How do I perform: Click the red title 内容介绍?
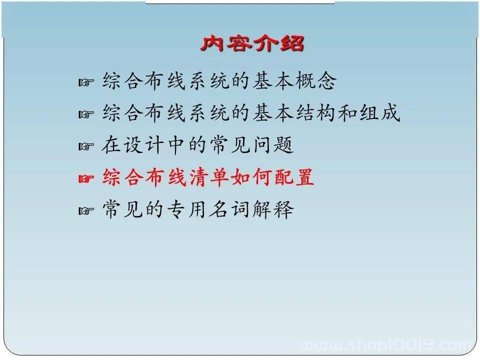tap(252, 43)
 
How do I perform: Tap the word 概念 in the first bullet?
tap(315, 80)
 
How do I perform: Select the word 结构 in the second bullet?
tap(315, 112)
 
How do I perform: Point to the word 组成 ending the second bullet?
tap(380, 112)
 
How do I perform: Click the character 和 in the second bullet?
tap(347, 112)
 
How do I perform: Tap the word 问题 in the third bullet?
tap(273, 145)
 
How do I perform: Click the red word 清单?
tap(209, 177)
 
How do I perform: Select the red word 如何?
tap(252, 177)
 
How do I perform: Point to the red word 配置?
tap(294, 177)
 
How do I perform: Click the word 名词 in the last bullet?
tap(229, 209)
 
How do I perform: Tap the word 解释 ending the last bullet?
tap(273, 209)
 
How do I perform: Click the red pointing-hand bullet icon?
tap(86, 178)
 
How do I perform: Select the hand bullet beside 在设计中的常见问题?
tap(86, 146)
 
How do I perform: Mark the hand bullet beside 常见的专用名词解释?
tap(86, 211)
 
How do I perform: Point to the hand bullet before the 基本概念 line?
tap(86, 82)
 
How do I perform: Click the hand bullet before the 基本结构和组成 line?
tap(86, 114)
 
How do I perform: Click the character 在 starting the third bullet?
tap(111, 145)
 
